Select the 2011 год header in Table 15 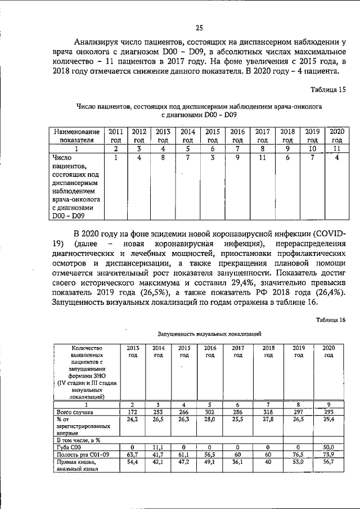click(x=115, y=135)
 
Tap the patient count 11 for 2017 click(x=262, y=158)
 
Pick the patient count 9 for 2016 click(x=237, y=158)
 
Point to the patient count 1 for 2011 click(x=115, y=158)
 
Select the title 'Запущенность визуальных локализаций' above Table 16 click(x=209, y=334)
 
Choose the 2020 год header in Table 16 click(x=328, y=352)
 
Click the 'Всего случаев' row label click(x=75, y=412)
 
